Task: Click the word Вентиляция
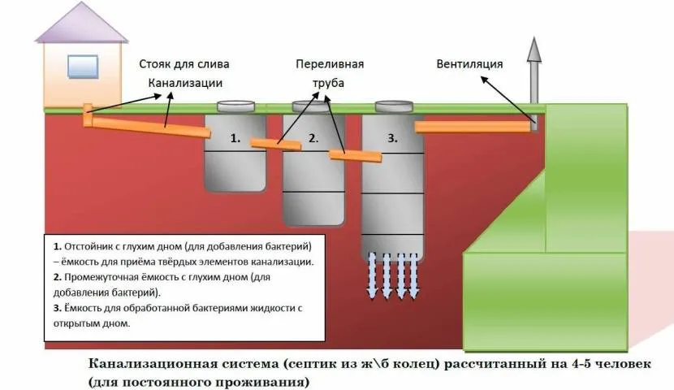pyautogui.click(x=470, y=64)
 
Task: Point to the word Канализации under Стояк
pyautogui.click(x=184, y=82)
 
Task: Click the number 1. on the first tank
pyautogui.click(x=235, y=139)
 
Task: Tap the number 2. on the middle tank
pyautogui.click(x=313, y=139)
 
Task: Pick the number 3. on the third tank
pyautogui.click(x=392, y=139)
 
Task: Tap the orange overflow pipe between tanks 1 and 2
pyautogui.click(x=275, y=144)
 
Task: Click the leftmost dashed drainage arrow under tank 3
pyautogui.click(x=370, y=275)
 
